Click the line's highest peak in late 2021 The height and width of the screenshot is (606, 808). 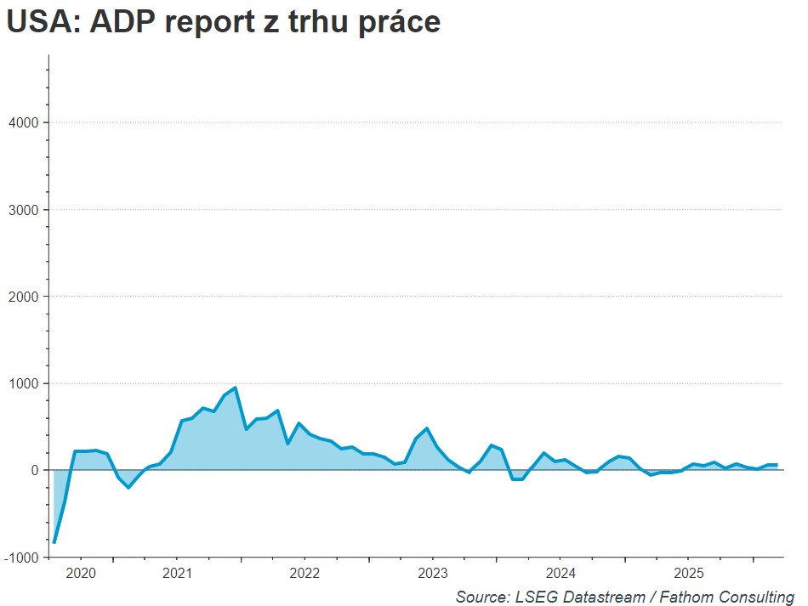[x=235, y=388]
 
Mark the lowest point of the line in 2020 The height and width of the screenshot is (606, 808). [x=54, y=542]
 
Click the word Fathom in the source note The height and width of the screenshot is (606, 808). [x=676, y=596]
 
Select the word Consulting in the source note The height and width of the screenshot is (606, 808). [x=753, y=596]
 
